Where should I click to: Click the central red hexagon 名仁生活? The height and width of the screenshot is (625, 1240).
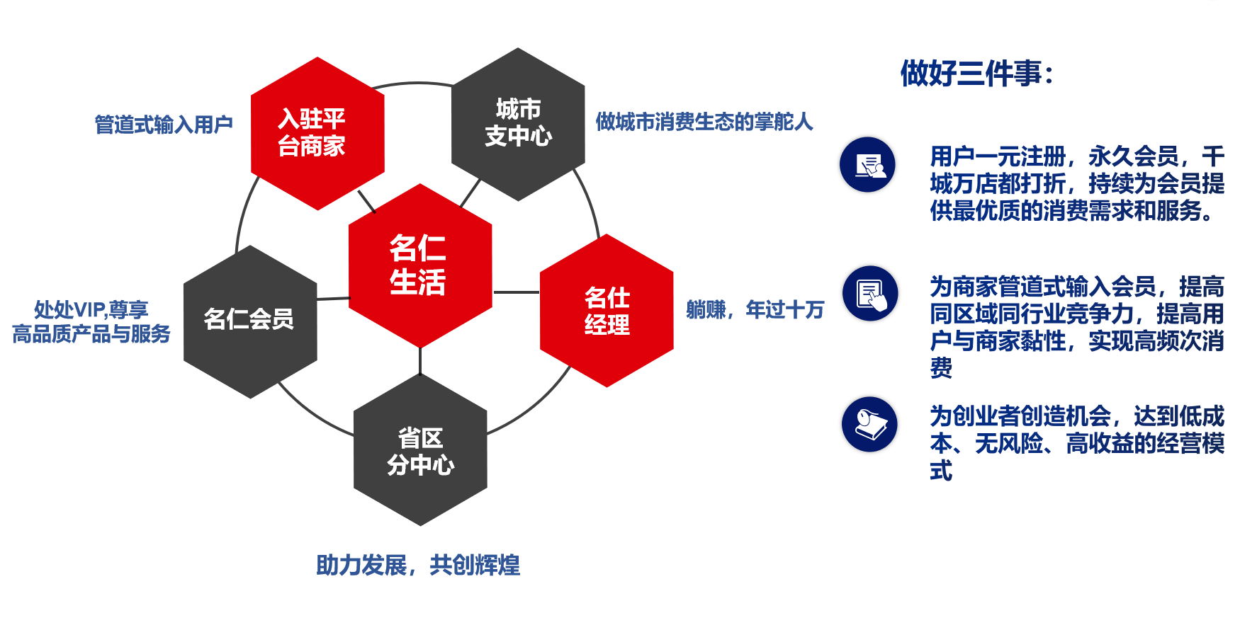pyautogui.click(x=420, y=265)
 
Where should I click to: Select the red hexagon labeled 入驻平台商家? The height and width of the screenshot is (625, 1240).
pyautogui.click(x=317, y=134)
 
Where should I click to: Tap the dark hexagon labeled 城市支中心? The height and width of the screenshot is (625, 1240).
pyautogui.click(x=518, y=125)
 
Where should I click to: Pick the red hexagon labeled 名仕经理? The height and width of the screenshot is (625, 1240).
pyautogui.click(x=607, y=311)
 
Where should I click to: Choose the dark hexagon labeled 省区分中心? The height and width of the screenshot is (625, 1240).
pyautogui.click(x=420, y=449)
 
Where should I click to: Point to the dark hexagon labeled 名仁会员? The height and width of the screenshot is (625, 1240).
pyautogui.click(x=250, y=321)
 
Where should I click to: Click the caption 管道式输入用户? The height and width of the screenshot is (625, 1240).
pyautogui.click(x=164, y=125)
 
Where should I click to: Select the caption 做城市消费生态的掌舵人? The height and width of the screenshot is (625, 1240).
pyautogui.click(x=704, y=122)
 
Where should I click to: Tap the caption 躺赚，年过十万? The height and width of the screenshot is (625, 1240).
pyautogui.click(x=755, y=309)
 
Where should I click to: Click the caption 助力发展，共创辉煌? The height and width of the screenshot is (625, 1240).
pyautogui.click(x=418, y=565)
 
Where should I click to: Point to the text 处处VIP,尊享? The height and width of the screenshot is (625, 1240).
pyautogui.click(x=91, y=309)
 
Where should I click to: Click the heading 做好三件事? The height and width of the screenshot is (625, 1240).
pyautogui.click(x=977, y=73)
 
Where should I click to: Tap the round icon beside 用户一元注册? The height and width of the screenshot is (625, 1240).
pyautogui.click(x=867, y=164)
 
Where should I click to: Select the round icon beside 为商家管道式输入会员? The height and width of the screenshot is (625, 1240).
pyautogui.click(x=870, y=294)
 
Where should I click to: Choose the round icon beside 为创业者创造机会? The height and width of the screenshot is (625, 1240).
pyautogui.click(x=869, y=424)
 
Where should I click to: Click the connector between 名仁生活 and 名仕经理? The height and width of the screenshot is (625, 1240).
pyautogui.click(x=517, y=292)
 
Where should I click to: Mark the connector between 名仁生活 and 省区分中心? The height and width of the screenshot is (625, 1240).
pyautogui.click(x=420, y=361)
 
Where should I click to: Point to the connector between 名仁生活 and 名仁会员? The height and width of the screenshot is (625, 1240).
pyautogui.click(x=333, y=299)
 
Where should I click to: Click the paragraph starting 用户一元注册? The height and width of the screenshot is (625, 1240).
pyautogui.click(x=1077, y=183)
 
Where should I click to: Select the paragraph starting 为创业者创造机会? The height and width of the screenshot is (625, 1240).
pyautogui.click(x=1077, y=443)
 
